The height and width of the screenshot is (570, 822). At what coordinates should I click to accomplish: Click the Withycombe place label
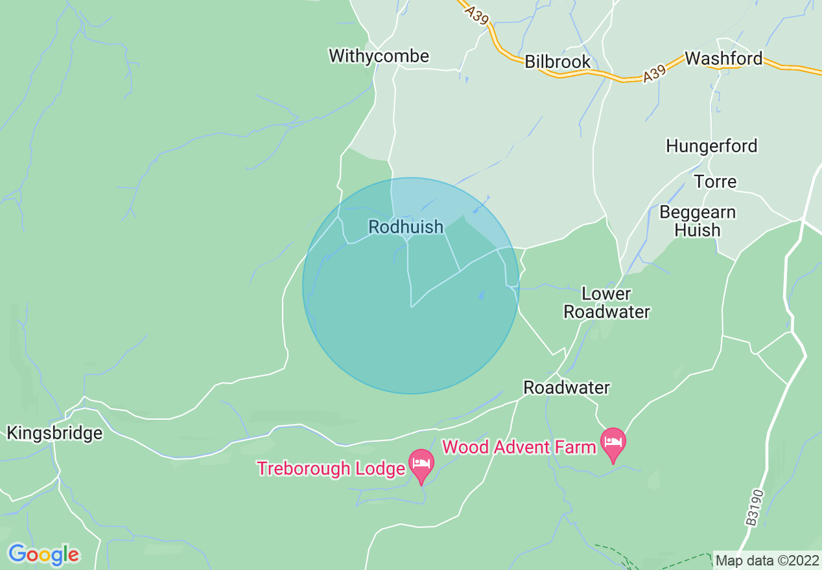(379, 56)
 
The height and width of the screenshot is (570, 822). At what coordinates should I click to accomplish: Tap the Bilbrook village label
(558, 62)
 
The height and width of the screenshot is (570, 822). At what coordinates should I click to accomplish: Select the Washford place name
(723, 58)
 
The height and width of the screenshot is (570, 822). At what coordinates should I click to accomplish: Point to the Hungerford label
(711, 146)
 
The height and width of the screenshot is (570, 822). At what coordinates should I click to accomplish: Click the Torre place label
(715, 181)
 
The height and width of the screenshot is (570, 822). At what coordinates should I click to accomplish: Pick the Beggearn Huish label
(697, 221)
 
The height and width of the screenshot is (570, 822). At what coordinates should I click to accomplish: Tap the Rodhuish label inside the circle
(406, 227)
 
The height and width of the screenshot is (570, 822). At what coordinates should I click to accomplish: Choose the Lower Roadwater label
(606, 302)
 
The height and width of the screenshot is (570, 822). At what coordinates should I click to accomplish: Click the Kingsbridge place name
(54, 433)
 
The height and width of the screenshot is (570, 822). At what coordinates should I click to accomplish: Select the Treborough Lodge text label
(331, 468)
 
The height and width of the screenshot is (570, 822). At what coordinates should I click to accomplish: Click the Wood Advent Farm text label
(519, 447)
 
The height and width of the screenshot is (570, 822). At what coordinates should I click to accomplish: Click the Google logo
(43, 554)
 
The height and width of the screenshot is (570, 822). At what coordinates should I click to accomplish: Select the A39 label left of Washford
(655, 74)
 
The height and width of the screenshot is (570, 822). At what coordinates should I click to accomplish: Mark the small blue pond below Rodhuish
(480, 295)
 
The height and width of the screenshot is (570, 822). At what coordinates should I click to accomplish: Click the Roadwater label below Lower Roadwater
(566, 387)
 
